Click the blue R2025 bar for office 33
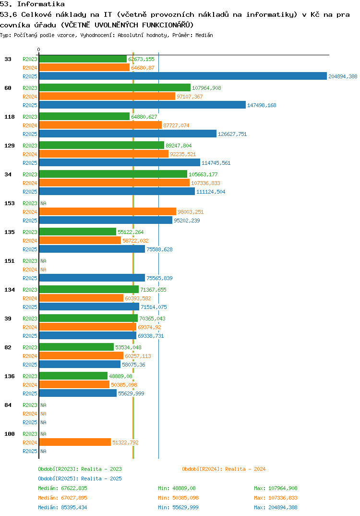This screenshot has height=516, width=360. tap(182, 76)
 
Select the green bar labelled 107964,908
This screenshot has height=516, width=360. tap(114, 87)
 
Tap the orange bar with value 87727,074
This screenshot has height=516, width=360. tap(100, 125)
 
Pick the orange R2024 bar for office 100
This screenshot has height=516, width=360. tap(74, 442)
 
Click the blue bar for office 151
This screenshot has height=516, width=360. tap(92, 278)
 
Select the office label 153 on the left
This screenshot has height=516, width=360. tap(9, 203)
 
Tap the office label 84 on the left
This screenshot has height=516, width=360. tap(8, 405)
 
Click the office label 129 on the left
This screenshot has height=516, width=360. tap(9, 146)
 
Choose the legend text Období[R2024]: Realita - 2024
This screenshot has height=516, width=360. tap(224, 469)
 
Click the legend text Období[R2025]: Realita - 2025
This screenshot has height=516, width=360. tap(80, 479)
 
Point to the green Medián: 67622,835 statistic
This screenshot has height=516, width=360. tap(62, 488)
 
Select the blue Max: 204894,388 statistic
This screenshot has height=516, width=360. tap(276, 507)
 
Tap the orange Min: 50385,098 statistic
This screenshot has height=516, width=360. tap(178, 498)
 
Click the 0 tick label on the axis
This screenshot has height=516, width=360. tap(39, 50)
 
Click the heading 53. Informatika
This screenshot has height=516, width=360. tap(32, 4)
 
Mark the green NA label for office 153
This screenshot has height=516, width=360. tap(43, 203)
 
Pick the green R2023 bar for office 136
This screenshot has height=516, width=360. tap(73, 376)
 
